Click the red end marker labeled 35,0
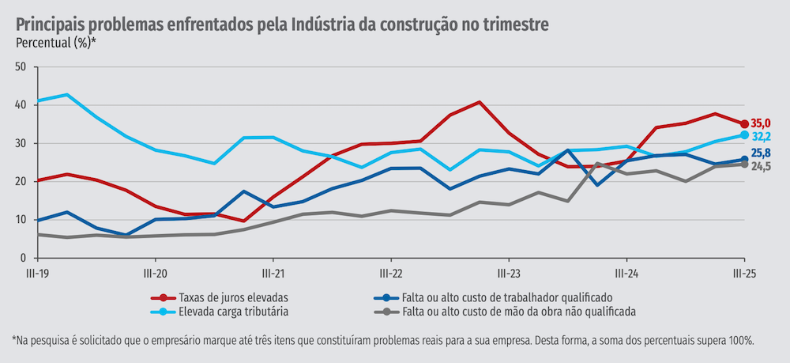coord(744,123)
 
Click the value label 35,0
coord(761,123)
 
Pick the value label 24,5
coord(761,167)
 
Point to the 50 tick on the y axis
coord(21,66)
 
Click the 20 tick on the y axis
coord(21,181)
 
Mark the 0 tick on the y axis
coord(24,258)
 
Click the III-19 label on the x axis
coord(38,273)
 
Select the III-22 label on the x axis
coord(391,273)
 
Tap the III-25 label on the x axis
coord(743,273)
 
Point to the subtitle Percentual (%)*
coord(55,43)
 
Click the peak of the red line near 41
coord(480,102)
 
